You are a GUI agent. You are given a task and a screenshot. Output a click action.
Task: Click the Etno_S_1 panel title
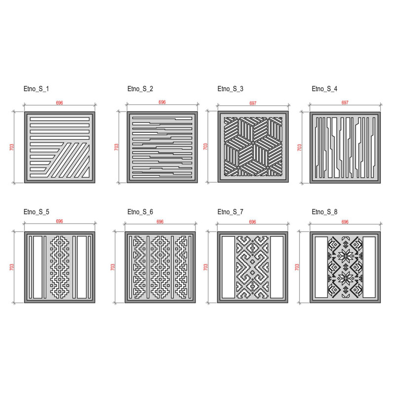tap(36, 89)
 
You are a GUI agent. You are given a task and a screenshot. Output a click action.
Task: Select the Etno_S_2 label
tap(140, 89)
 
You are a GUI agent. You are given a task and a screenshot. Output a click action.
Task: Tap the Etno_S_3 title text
tap(230, 89)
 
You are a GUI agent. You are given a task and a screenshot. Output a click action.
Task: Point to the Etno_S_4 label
tap(324, 89)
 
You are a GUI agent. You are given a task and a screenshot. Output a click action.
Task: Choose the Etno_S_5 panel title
tap(36, 212)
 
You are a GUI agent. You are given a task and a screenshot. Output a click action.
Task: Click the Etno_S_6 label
tap(140, 212)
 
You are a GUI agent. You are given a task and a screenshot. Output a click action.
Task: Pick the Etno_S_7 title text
tap(230, 212)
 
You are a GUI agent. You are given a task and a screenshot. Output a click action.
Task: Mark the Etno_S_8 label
tap(324, 212)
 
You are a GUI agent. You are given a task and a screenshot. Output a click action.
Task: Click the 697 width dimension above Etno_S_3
tap(253, 103)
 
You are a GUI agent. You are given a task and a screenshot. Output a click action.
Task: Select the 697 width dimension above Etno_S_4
tap(345, 103)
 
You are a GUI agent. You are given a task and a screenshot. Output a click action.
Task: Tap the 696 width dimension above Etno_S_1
tap(59, 103)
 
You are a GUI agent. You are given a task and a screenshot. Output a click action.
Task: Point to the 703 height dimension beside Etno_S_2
tap(117, 147)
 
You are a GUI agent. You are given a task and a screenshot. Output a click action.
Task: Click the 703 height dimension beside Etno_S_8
tap(297, 267)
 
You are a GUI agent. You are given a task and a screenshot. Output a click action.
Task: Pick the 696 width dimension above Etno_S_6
tap(160, 222)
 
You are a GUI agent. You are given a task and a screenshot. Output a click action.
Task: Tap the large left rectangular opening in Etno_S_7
tap(229, 267)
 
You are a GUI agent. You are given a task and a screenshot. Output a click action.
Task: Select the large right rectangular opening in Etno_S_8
tap(369, 267)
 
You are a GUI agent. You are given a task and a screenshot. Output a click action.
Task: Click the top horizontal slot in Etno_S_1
tap(60, 119)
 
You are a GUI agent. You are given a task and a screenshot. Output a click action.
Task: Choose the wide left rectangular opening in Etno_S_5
tap(38, 267)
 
